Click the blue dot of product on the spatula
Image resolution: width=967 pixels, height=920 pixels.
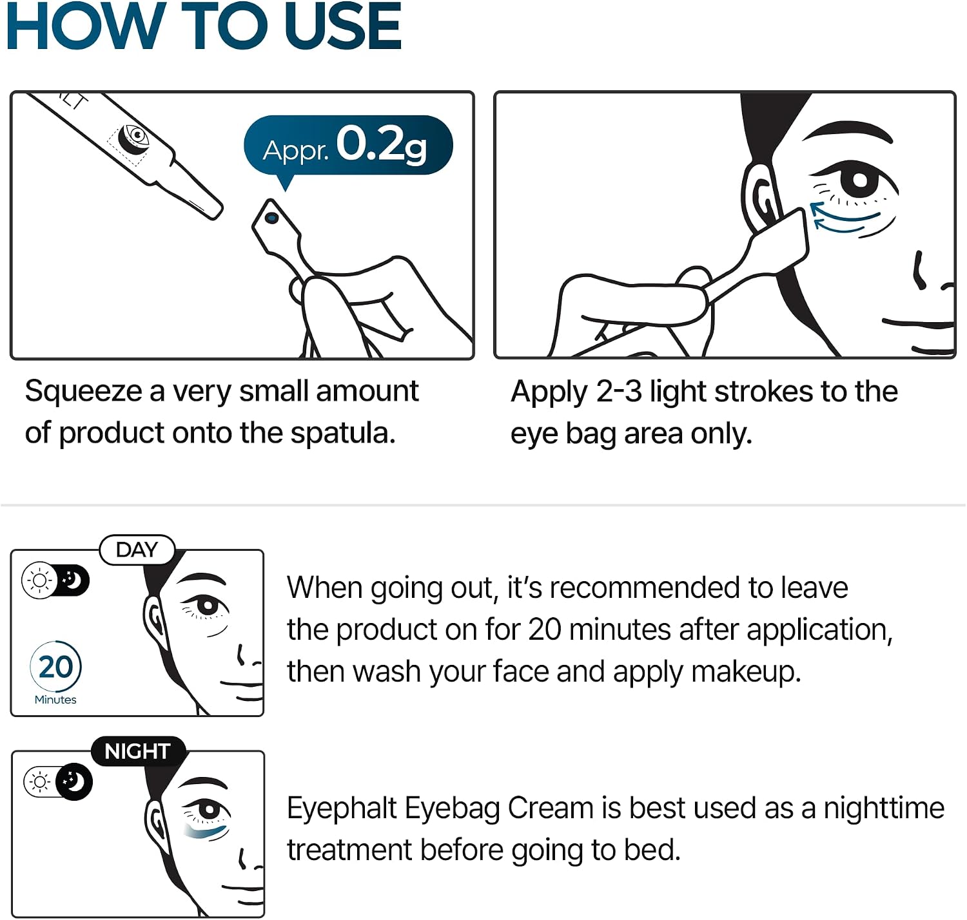[x=271, y=217]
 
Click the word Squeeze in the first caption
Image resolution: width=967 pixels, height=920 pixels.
[x=83, y=392]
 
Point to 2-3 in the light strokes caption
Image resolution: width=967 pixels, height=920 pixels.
[x=618, y=392]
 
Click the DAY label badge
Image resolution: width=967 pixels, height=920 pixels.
[x=137, y=550]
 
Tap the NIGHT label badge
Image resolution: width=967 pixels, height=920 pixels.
[x=138, y=751]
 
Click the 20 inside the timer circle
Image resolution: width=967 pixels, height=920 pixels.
[x=55, y=667]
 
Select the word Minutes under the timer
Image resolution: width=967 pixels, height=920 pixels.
[x=55, y=700]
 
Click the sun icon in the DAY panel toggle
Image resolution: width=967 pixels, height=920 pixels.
[x=39, y=580]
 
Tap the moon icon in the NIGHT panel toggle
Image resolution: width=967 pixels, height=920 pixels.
[x=73, y=782]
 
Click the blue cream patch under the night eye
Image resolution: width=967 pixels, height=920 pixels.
[x=205, y=832]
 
